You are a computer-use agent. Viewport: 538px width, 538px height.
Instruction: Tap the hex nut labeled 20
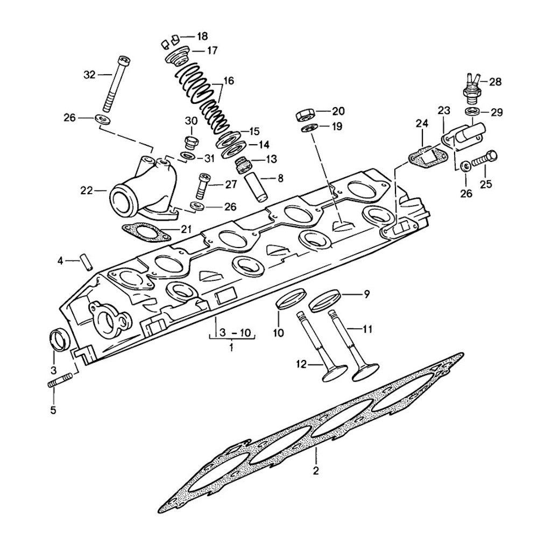(x=305, y=114)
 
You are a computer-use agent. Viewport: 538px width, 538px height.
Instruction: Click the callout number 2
(x=316, y=471)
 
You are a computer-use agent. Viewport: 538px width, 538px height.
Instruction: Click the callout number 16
(x=229, y=81)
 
